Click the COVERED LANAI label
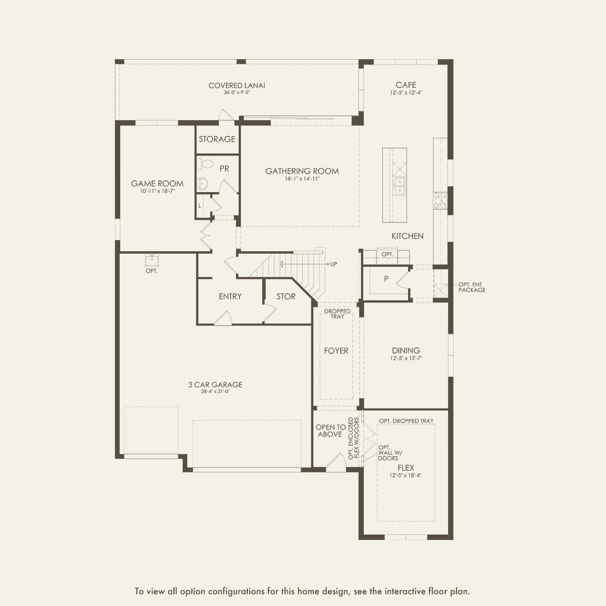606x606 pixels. tap(237, 86)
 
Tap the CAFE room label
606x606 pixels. tap(406, 85)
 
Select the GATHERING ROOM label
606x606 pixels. tap(302, 171)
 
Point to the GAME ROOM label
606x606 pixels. tap(157, 184)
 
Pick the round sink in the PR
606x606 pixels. tap(203, 184)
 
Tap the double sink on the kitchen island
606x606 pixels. tap(399, 186)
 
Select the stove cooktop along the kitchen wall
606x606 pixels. tap(439, 201)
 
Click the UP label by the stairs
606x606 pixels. tap(333, 264)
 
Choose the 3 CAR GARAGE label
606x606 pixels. tap(215, 385)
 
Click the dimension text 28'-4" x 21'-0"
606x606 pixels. tap(215, 391)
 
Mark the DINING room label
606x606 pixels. tap(406, 350)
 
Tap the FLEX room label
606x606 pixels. tap(406, 468)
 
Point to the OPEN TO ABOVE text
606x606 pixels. tap(330, 431)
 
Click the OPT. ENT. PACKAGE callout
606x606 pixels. tap(472, 287)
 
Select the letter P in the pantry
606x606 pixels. tap(386, 279)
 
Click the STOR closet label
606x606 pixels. tap(286, 296)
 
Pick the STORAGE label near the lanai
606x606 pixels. tap(217, 139)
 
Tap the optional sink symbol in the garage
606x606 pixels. tap(151, 259)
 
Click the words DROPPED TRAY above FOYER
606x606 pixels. tap(337, 314)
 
